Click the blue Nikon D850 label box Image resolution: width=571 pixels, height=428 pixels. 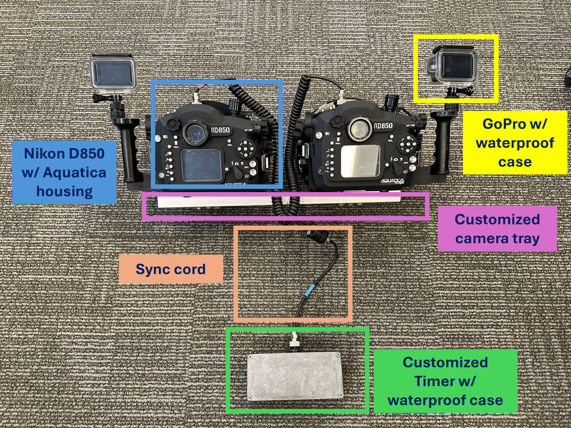64,172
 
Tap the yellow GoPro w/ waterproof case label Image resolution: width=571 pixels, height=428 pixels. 515,143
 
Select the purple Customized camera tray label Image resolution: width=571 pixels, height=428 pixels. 497,229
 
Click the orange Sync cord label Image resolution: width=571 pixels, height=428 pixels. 171,269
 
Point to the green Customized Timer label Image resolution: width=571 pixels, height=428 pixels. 445,381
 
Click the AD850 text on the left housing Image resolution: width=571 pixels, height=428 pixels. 220,130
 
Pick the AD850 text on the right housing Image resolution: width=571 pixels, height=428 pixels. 383,126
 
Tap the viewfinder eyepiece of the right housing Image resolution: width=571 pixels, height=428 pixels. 359,128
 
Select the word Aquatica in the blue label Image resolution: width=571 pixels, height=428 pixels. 74,173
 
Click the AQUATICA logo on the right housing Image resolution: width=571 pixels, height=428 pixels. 392,181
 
